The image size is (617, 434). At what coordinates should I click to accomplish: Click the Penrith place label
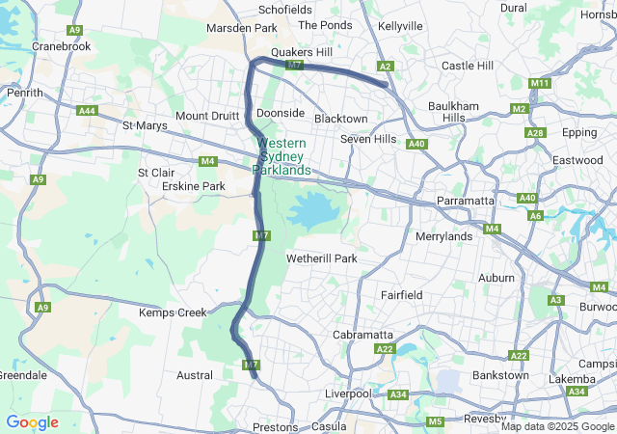coord(25,93)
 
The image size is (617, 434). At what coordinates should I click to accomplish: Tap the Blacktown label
coord(340,119)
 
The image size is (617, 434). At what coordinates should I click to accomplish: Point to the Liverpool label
coord(348,393)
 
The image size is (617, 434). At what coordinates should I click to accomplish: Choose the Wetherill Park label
coord(321,258)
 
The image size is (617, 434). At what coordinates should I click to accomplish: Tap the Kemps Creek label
coord(173,313)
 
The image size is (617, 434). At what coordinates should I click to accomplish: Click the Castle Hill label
coord(467,66)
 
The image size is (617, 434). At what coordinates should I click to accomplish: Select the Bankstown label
coord(500,374)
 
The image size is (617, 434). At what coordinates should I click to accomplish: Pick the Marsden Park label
coord(242,29)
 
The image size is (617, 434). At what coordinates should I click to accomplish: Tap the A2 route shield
coord(386,66)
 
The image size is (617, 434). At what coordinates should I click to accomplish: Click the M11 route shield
coord(540,84)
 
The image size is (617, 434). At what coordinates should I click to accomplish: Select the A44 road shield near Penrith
coord(88,111)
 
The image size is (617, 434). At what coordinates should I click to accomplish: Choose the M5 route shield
coord(435,421)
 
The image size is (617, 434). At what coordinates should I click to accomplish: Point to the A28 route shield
coord(536,132)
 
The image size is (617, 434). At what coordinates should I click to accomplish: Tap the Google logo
coord(32,422)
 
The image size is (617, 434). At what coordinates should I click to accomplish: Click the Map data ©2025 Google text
coord(556,426)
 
